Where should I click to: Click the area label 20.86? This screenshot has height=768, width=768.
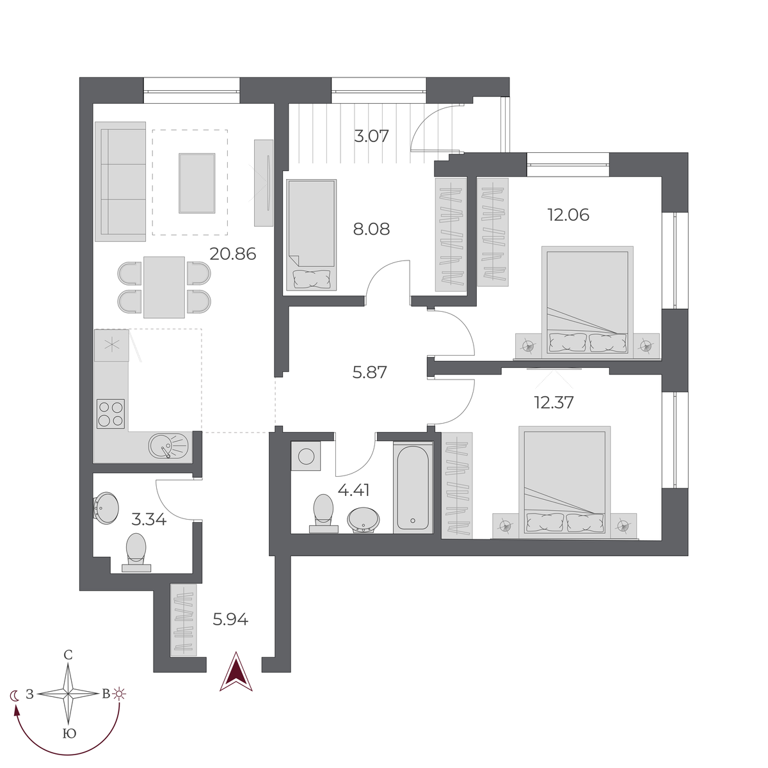click(233, 254)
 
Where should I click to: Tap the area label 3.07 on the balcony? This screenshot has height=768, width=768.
click(371, 136)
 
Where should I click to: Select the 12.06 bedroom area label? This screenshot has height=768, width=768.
click(568, 215)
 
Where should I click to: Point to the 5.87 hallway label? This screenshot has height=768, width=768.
click(370, 372)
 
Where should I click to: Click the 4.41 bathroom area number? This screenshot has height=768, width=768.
click(353, 490)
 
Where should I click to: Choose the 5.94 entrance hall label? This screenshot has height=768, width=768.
click(230, 619)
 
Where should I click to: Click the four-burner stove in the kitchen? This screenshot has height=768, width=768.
click(111, 413)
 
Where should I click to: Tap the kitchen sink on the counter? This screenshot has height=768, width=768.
click(169, 445)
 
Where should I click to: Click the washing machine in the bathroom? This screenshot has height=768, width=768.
click(306, 456)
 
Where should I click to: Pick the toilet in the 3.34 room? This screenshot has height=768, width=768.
click(136, 552)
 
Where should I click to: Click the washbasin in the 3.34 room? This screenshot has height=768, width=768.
click(106, 508)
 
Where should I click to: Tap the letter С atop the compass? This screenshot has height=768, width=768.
click(68, 655)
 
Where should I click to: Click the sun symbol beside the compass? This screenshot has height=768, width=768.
click(120, 694)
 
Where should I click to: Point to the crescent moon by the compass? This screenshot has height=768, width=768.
click(15, 695)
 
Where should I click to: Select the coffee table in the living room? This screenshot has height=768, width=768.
click(196, 183)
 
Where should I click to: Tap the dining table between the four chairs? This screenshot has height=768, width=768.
click(164, 287)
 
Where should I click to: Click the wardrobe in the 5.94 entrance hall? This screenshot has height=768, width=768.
click(184, 620)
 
